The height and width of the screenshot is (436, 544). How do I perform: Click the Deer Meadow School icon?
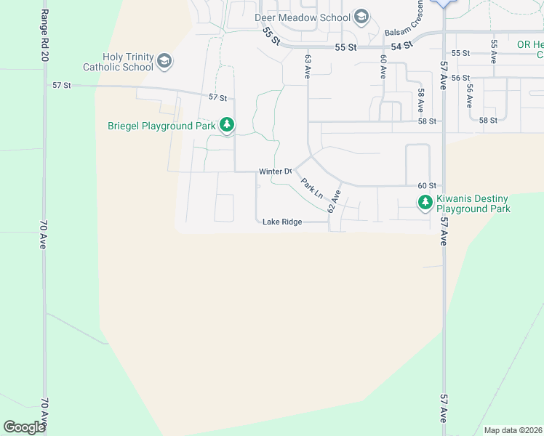[361, 17]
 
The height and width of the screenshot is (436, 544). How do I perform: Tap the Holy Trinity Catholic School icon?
[164, 61]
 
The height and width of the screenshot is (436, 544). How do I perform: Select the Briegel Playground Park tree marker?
[228, 125]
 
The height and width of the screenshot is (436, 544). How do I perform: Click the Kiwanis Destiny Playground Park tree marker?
[425, 203]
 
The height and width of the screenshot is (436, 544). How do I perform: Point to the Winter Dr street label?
[275, 171]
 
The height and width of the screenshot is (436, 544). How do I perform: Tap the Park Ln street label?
[312, 189]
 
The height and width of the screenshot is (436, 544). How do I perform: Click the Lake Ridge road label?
[281, 222]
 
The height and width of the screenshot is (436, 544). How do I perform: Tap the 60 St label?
[426, 186]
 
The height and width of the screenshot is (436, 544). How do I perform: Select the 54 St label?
[401, 45]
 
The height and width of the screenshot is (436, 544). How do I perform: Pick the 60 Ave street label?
[383, 66]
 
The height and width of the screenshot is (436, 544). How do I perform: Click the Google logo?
[24, 427]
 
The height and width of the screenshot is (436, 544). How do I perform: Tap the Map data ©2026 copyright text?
[512, 430]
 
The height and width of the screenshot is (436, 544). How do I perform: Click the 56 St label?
[461, 78]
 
